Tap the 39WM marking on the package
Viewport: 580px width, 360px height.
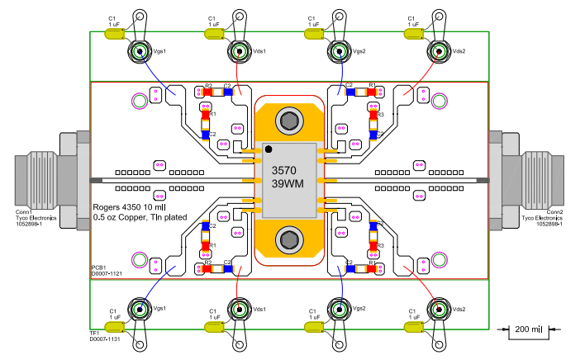tap(288, 184)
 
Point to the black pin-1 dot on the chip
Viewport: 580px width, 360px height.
tap(269, 149)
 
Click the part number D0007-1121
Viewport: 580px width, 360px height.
tap(107, 273)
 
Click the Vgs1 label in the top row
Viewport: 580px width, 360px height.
tap(160, 51)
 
